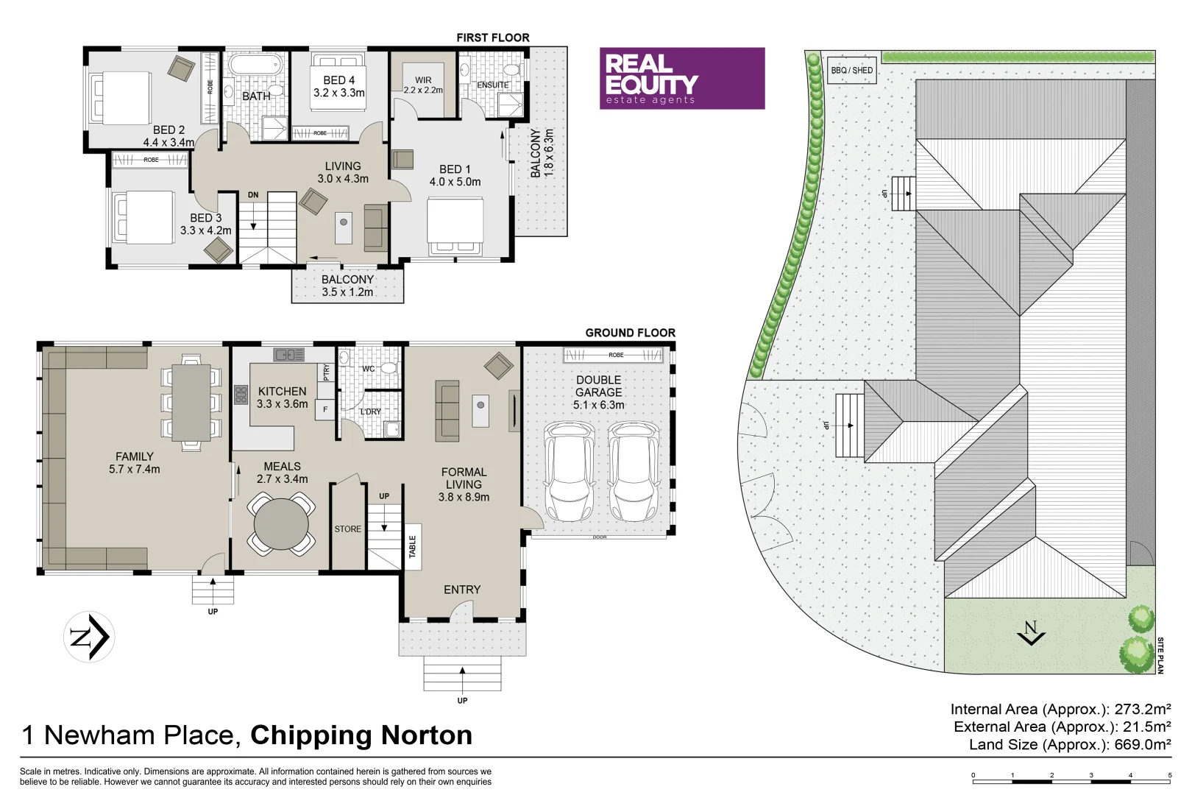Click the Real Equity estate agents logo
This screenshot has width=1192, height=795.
681,79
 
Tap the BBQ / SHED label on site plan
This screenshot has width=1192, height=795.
851,71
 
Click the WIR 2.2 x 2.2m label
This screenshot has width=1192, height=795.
423,85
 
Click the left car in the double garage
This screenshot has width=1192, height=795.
569,471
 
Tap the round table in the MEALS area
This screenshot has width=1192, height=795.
281,524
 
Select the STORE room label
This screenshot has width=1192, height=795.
347,529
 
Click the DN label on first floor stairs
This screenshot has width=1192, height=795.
253,195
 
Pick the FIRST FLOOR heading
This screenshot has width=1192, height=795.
492,38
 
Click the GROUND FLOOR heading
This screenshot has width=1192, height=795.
630,333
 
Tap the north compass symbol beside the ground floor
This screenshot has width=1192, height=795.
89,637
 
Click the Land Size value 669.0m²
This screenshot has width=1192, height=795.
1142,744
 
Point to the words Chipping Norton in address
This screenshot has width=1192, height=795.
361,735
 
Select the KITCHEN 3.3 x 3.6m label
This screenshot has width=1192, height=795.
282,397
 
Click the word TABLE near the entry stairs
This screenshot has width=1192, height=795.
412,546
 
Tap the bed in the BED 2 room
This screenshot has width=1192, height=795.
121,96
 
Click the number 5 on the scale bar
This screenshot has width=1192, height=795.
1169,775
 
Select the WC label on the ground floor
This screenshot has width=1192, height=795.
368,369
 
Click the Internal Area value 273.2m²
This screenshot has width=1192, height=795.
1142,709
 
